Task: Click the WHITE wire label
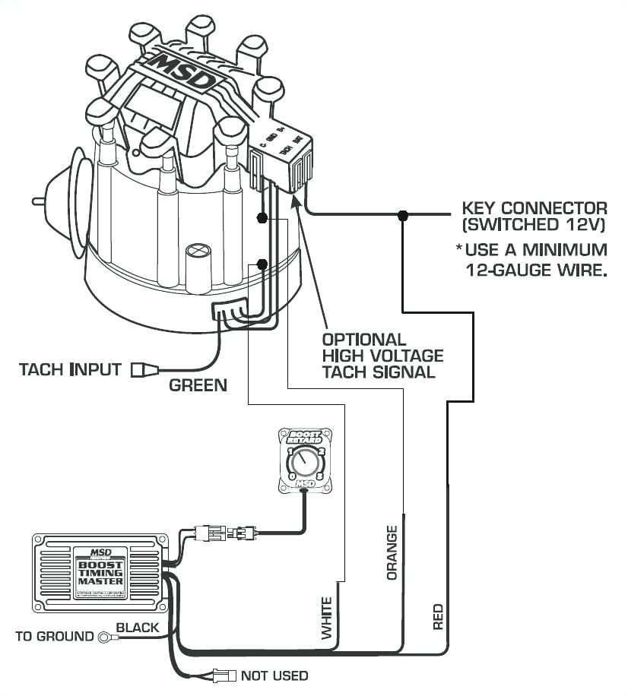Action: [x=328, y=617]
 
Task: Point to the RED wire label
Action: [x=438, y=617]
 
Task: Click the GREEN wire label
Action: [x=198, y=385]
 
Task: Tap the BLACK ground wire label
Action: [x=137, y=628]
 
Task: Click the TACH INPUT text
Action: [x=70, y=370]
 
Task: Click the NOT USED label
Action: [x=274, y=675]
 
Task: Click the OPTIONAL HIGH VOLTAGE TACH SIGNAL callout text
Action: [x=382, y=356]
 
